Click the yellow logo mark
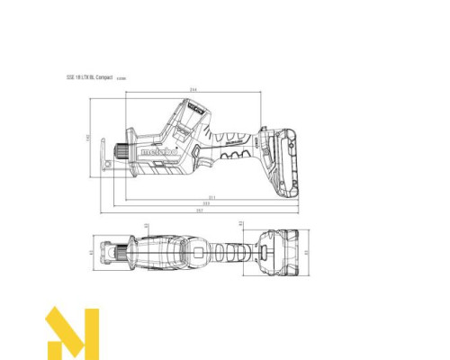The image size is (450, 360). click(x=71, y=332)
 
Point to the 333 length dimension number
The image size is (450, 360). click(x=206, y=203)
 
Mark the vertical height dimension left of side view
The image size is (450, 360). click(x=88, y=138)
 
